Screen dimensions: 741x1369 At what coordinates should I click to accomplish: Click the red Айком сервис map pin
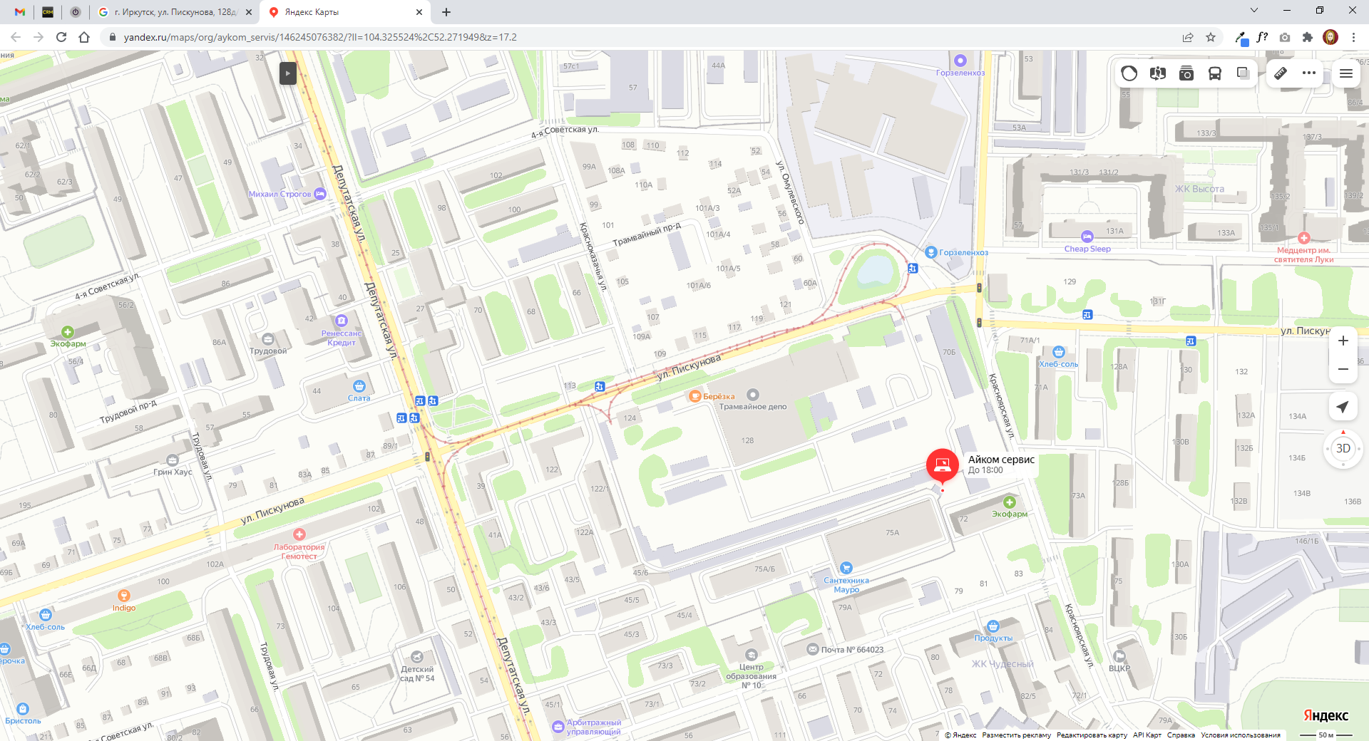pyautogui.click(x=942, y=465)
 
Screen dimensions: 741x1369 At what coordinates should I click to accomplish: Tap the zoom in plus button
pyautogui.click(x=1343, y=341)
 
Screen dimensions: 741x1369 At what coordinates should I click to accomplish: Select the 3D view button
pyautogui.click(x=1343, y=448)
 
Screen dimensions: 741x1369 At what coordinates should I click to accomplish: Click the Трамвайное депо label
pyautogui.click(x=753, y=407)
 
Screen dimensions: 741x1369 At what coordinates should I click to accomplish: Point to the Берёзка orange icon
pyautogui.click(x=694, y=396)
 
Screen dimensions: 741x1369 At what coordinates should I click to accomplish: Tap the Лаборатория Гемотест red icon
pyautogui.click(x=299, y=534)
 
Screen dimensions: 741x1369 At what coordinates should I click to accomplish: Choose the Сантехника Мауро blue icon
pyautogui.click(x=846, y=568)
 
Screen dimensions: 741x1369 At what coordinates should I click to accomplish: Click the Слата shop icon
pyautogui.click(x=359, y=386)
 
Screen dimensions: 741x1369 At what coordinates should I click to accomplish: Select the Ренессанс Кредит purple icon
pyautogui.click(x=342, y=321)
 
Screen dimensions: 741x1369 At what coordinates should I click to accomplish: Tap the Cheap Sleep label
pyautogui.click(x=1087, y=249)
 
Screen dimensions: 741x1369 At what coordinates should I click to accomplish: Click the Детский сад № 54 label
pyautogui.click(x=417, y=674)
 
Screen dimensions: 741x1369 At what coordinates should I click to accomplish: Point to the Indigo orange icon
pyautogui.click(x=123, y=596)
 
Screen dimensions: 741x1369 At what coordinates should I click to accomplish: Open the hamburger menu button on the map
pyautogui.click(x=1346, y=73)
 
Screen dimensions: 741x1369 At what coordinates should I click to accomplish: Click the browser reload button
pyautogui.click(x=61, y=37)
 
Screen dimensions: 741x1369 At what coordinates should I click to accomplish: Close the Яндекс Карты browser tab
pyautogui.click(x=419, y=12)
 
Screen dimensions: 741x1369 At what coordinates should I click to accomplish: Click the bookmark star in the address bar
pyautogui.click(x=1211, y=37)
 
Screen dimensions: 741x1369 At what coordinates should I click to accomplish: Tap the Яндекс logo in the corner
pyautogui.click(x=1326, y=715)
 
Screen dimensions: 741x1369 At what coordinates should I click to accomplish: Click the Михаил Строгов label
pyautogui.click(x=280, y=194)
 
